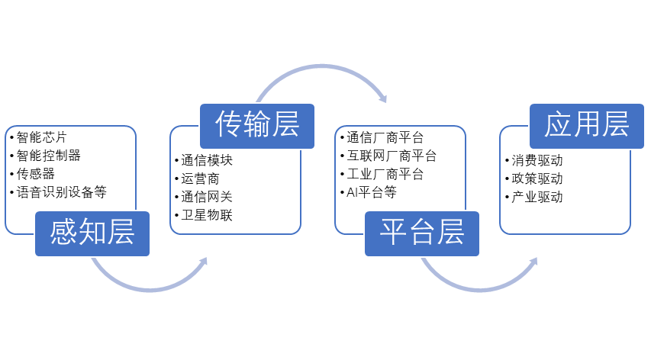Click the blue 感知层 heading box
coord(92,233)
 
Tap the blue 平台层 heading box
coord(421,233)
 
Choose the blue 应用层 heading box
coord(586,124)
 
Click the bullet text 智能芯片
coord(42,138)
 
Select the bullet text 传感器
coord(36,174)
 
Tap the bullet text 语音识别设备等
coord(62,192)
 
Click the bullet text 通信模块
coord(207,161)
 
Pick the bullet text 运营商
coord(201,179)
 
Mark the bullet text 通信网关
coord(207,198)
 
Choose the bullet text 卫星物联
coord(207,216)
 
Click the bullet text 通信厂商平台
coord(385,138)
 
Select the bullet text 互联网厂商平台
coord(392,156)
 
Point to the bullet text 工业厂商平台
coord(385,174)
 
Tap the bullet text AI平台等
coord(371,192)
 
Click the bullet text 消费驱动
coord(537,161)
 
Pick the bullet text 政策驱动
coord(537,179)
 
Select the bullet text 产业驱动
coord(537,198)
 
